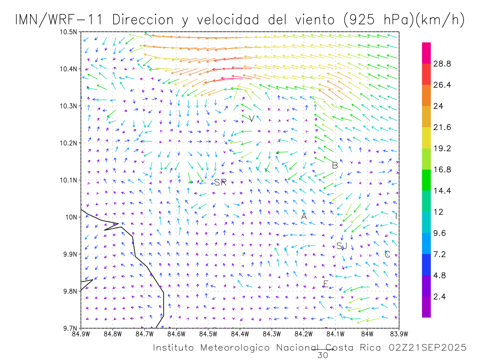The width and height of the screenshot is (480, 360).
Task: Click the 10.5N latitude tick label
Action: (69, 32)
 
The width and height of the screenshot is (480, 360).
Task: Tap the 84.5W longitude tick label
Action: (208, 334)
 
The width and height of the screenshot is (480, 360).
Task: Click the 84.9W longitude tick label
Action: (81, 334)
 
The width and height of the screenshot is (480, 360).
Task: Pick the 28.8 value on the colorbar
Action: (442, 64)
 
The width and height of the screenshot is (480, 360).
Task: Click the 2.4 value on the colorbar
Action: (440, 296)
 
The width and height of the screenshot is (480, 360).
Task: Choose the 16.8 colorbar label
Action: (442, 170)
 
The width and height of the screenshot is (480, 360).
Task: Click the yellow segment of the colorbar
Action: (426, 138)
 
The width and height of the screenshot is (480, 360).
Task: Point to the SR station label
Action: (220, 182)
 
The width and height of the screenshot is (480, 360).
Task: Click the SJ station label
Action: (342, 246)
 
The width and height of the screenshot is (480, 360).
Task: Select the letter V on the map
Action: (252, 119)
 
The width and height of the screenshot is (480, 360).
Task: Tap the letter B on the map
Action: (335, 165)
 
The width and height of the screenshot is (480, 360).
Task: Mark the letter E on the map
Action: (326, 284)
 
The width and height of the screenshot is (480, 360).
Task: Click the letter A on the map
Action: (304, 216)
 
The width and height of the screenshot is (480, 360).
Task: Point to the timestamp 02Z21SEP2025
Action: (427, 348)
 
